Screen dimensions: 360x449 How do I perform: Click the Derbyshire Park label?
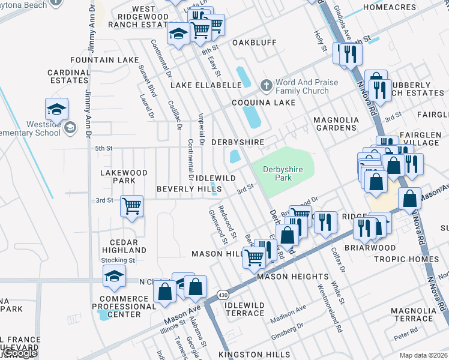click(x=283, y=174)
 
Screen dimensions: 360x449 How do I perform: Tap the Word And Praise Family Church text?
click(x=302, y=87)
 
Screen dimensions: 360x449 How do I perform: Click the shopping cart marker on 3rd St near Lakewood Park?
click(x=131, y=206)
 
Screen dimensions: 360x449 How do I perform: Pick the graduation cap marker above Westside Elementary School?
click(x=56, y=110)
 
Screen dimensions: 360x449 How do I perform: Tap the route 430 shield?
click(x=223, y=295)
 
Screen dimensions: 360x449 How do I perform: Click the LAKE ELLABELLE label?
click(x=205, y=85)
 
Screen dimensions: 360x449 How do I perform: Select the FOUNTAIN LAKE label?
click(x=104, y=61)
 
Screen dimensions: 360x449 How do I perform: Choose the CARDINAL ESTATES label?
click(x=68, y=76)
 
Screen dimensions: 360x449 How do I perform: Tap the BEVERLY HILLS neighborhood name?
click(x=188, y=189)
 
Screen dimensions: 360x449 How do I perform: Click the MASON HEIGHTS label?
click(x=293, y=277)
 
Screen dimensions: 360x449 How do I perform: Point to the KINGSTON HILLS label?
click(x=254, y=355)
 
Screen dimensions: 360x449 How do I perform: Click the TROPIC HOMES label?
click(x=407, y=259)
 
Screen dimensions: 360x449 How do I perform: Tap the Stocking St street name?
click(x=118, y=260)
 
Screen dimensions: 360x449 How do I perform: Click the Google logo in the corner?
click(x=19, y=354)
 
